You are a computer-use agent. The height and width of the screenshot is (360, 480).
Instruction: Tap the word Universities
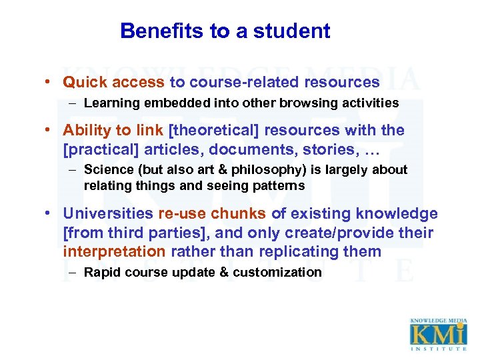click(108, 214)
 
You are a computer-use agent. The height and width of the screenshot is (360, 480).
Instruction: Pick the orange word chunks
click(238, 214)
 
